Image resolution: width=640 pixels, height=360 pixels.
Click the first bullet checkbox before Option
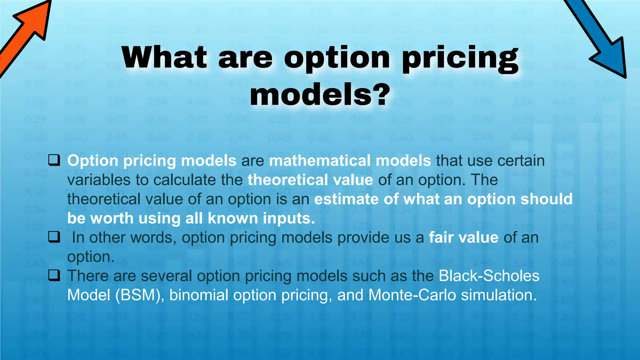click(54, 160)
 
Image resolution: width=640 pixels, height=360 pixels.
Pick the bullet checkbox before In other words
click(54, 237)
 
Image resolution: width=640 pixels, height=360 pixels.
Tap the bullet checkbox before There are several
click(54, 276)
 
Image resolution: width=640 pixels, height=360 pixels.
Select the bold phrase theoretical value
click(310, 180)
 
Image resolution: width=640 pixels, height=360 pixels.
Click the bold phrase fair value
click(463, 237)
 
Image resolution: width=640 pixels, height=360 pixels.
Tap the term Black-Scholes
click(489, 276)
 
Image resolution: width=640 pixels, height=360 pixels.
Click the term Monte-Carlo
click(412, 295)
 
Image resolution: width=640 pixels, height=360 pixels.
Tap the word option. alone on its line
click(91, 257)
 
